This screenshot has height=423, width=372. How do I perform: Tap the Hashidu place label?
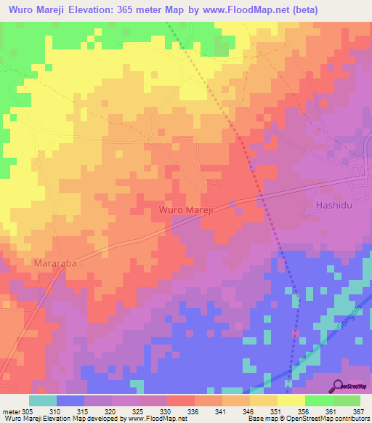(336, 206)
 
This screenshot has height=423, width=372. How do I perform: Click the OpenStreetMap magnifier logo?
(338, 385)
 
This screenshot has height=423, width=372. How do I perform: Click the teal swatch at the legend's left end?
(43, 400)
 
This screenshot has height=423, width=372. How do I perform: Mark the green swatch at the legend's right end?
(346, 400)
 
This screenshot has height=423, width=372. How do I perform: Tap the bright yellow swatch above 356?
(291, 400)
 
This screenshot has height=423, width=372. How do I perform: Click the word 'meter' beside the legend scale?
(10, 411)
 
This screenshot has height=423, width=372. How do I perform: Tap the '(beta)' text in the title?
(350, 10)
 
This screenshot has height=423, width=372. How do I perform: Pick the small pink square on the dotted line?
(295, 333)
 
